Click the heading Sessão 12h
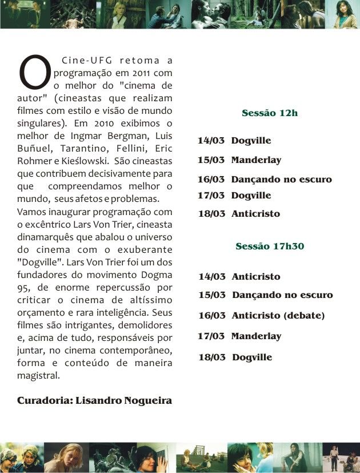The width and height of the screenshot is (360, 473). (x=270, y=113)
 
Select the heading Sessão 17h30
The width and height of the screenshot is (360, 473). (x=270, y=247)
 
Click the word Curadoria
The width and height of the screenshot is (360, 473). (x=45, y=400)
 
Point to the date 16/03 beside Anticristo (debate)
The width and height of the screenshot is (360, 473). (x=212, y=316)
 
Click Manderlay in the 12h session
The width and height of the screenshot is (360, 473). (x=256, y=160)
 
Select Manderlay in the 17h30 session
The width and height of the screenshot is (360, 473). (x=256, y=336)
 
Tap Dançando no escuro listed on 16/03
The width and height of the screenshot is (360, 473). (x=281, y=180)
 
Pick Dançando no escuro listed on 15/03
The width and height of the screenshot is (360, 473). (x=282, y=296)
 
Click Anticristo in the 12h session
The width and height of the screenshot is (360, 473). (x=255, y=214)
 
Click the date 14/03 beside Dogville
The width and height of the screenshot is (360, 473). (x=211, y=141)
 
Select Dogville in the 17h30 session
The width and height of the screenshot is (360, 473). (x=252, y=357)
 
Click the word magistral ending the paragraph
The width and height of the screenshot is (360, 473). (x=38, y=376)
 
